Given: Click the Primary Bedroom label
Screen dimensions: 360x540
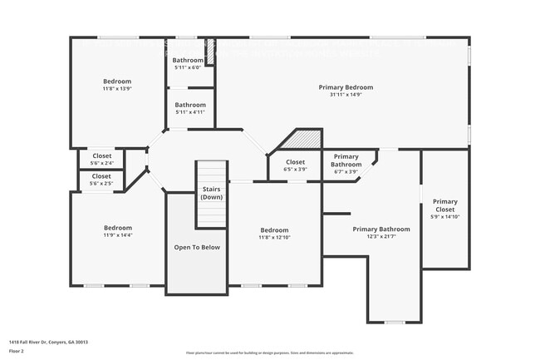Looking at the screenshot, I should [346, 87].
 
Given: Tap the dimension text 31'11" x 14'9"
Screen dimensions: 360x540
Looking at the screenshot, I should [346, 95].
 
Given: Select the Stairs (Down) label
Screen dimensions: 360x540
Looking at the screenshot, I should [212, 194].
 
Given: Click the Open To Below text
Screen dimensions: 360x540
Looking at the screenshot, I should [197, 248].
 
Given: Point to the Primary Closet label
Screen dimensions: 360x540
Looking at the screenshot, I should [444, 205].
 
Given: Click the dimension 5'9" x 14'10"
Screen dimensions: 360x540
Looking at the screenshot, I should [444, 217].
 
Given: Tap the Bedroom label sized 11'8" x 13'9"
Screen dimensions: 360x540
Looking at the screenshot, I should [117, 81].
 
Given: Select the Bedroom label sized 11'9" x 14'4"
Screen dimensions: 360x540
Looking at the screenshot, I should [117, 228].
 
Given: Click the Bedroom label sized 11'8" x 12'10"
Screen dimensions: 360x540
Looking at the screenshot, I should [274, 230].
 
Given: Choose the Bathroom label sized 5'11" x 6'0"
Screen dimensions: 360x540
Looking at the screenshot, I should [188, 61].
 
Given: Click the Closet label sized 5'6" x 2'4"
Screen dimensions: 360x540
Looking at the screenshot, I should [101, 155].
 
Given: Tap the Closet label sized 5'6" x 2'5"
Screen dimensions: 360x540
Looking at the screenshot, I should [101, 176].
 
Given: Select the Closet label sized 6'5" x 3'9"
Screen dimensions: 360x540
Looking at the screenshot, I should [295, 162].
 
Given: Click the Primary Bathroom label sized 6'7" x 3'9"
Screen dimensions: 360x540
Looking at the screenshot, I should [346, 160].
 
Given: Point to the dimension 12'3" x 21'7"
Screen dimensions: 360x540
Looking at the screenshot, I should [380, 237].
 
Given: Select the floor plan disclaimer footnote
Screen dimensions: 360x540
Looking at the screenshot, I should [269, 353].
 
